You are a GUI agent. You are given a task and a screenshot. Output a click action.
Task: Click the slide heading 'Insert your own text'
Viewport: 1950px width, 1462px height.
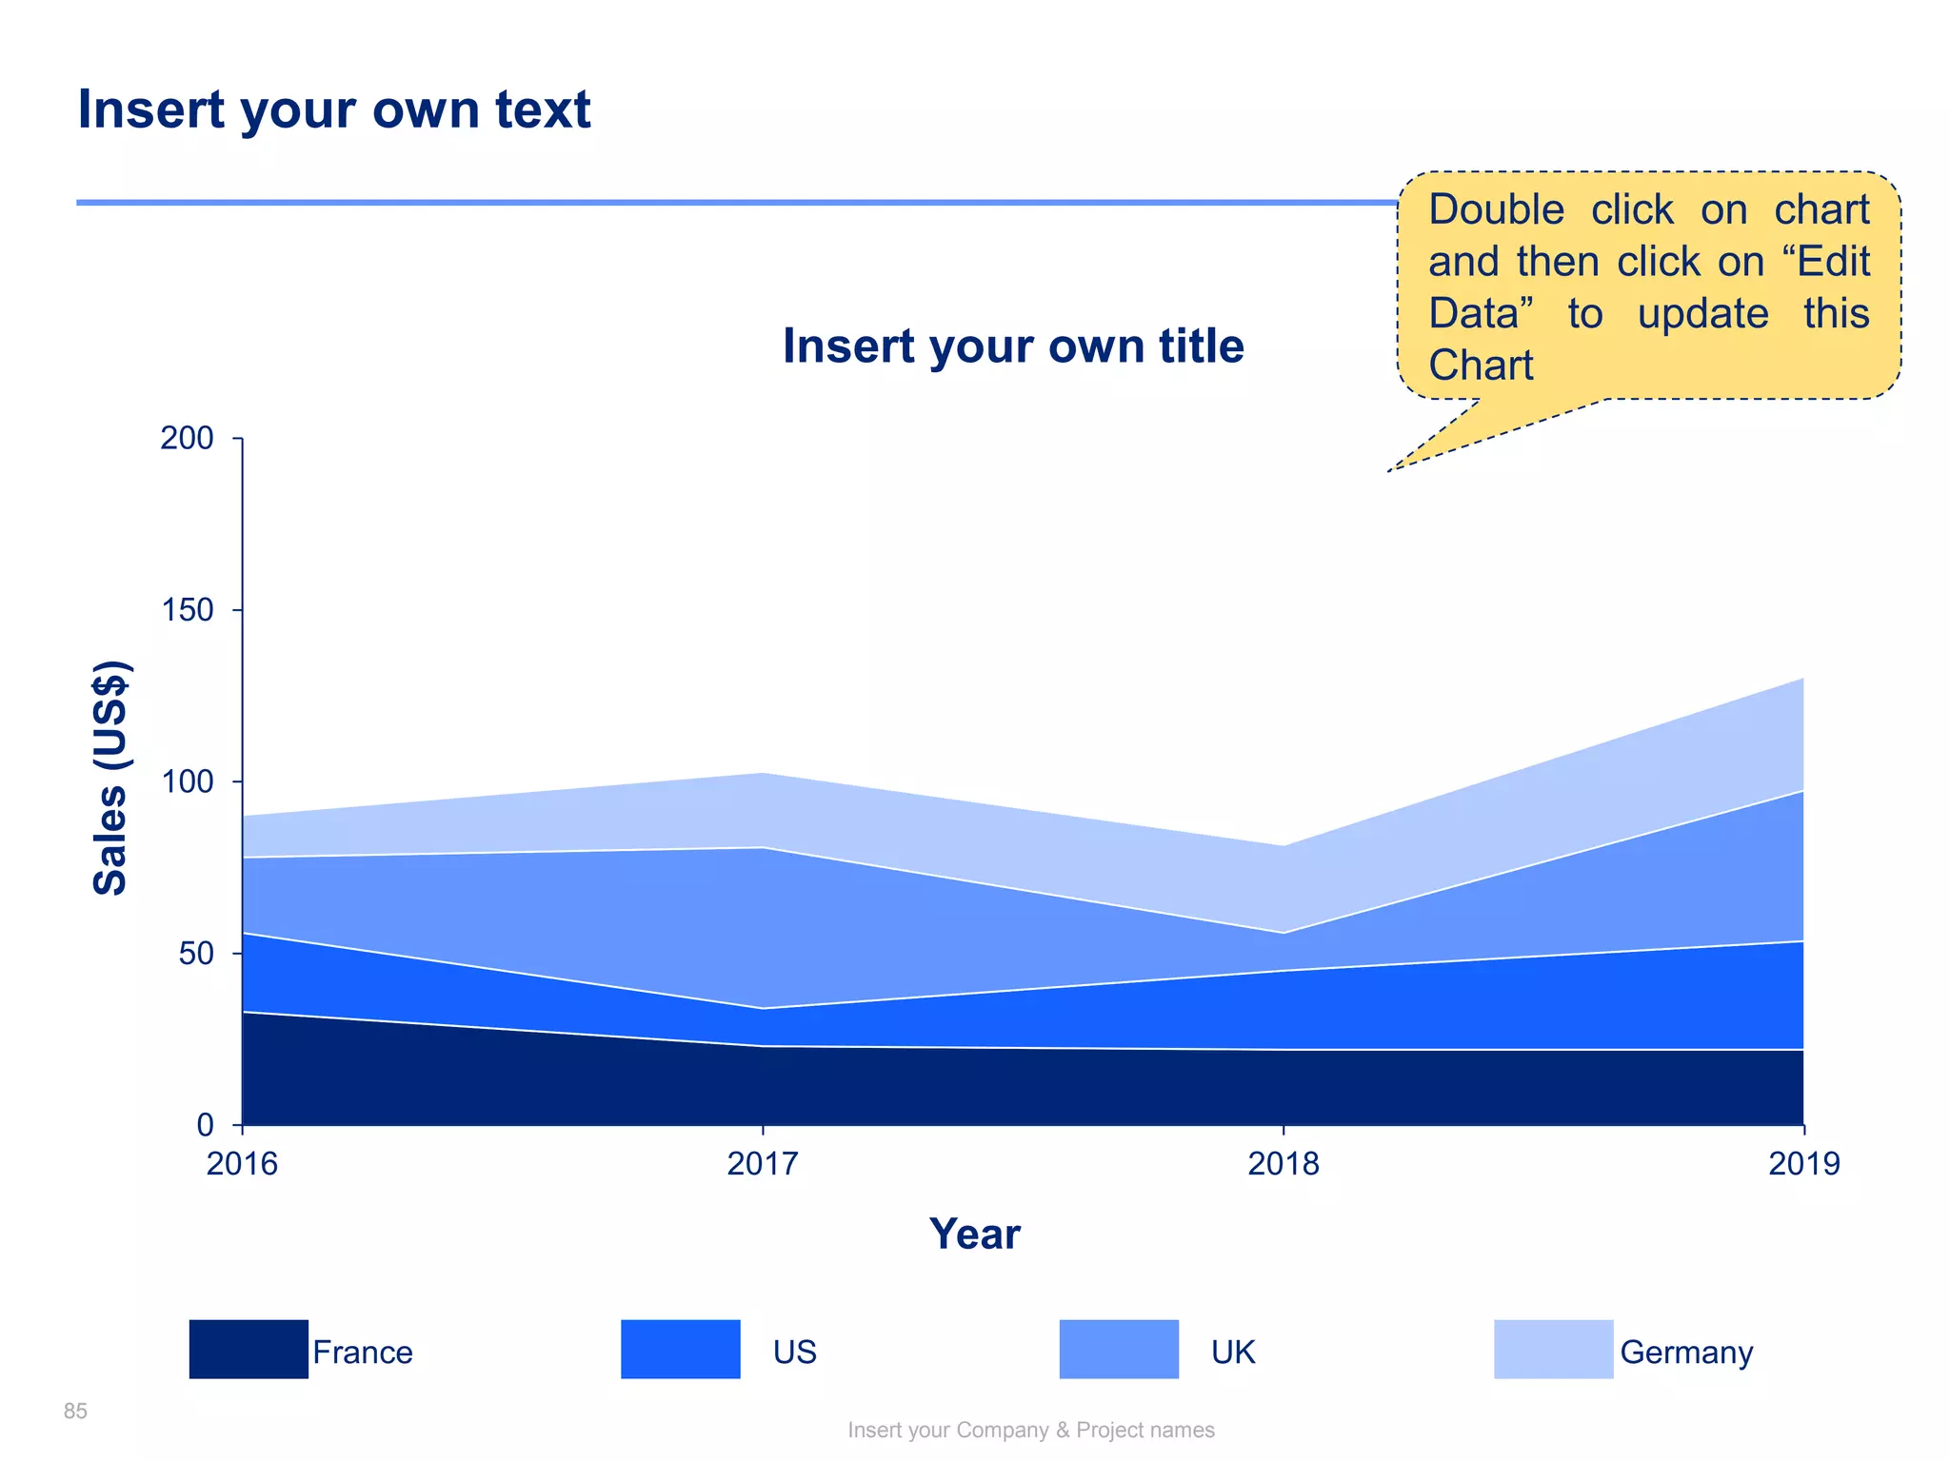pyautogui.click(x=333, y=109)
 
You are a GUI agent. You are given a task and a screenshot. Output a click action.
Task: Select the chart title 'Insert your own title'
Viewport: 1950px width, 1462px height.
pyautogui.click(x=1013, y=346)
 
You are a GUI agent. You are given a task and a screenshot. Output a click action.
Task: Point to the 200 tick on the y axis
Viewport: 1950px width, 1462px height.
pyautogui.click(x=187, y=439)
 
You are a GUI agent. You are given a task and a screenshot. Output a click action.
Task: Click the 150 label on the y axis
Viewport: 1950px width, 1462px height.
pyautogui.click(x=187, y=610)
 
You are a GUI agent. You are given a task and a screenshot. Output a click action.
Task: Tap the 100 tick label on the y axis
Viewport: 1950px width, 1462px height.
pyautogui.click(x=187, y=782)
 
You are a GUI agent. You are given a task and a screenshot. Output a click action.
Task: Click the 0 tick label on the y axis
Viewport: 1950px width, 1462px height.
pyautogui.click(x=205, y=1125)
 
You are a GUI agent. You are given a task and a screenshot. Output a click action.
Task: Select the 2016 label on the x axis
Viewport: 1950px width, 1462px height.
pyautogui.click(x=242, y=1163)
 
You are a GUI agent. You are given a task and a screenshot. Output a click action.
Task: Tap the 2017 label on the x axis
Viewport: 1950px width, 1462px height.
pyautogui.click(x=763, y=1163)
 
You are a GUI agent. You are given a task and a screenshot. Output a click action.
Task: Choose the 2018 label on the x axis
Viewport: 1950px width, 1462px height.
pyautogui.click(x=1283, y=1163)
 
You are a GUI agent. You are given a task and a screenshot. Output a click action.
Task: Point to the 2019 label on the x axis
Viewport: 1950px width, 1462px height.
pyautogui.click(x=1804, y=1163)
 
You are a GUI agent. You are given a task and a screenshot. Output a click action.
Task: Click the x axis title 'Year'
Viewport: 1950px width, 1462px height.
pyautogui.click(x=974, y=1235)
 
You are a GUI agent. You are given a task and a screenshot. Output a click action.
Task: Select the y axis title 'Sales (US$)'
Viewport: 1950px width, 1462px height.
pyautogui.click(x=110, y=778)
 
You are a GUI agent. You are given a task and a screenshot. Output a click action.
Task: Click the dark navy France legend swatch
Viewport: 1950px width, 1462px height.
pyautogui.click(x=249, y=1349)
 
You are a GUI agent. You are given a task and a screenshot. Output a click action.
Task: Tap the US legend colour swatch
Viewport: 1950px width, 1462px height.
pyautogui.click(x=680, y=1349)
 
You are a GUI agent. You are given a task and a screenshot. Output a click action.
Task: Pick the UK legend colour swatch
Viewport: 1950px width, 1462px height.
pyautogui.click(x=1119, y=1349)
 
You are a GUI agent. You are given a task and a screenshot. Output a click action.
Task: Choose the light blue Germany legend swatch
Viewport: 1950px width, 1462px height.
pyautogui.click(x=1553, y=1349)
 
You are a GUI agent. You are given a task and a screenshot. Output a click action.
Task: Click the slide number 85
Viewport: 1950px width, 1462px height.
pyautogui.click(x=75, y=1412)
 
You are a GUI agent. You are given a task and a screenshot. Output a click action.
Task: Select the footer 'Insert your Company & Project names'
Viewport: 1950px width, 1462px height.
pyautogui.click(x=1031, y=1431)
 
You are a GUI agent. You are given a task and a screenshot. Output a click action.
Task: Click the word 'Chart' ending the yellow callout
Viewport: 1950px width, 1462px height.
pyautogui.click(x=1481, y=365)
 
